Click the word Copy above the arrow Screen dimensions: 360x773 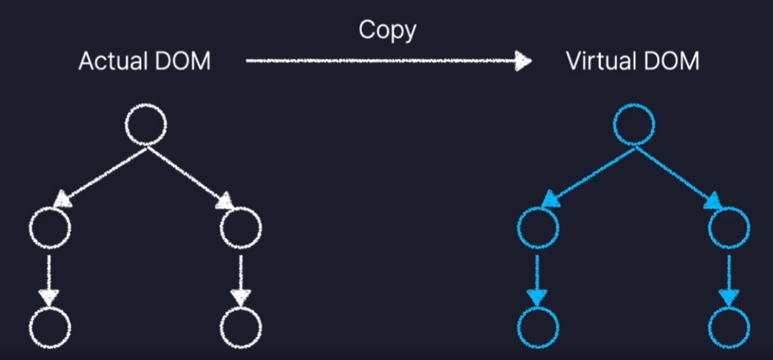click(x=387, y=30)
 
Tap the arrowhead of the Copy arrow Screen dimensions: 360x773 click(x=523, y=62)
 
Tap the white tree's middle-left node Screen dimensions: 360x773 click(x=50, y=228)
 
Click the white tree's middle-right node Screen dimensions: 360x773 click(x=241, y=228)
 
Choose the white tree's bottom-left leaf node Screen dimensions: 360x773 click(x=50, y=327)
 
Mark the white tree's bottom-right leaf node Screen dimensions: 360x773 click(x=241, y=327)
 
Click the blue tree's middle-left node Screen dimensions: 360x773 click(x=538, y=228)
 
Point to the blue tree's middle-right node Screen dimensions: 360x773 click(x=729, y=228)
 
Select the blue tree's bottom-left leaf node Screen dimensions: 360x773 click(x=538, y=327)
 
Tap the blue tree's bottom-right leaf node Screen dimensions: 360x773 click(x=729, y=327)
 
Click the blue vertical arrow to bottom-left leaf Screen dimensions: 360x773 click(x=537, y=278)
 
